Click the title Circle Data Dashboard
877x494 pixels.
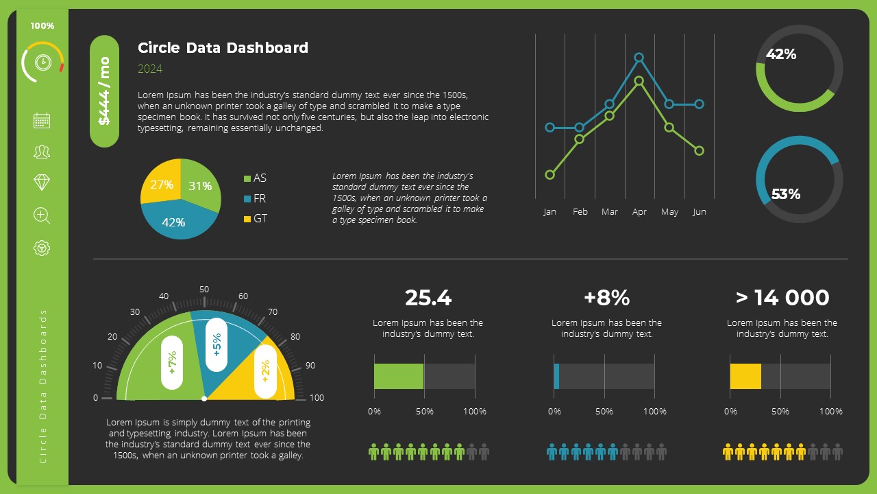[223, 48]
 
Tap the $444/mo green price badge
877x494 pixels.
[105, 91]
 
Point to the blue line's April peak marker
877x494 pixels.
[639, 58]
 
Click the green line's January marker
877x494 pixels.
[549, 175]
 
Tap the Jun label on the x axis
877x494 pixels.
[700, 212]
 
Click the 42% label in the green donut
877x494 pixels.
[781, 54]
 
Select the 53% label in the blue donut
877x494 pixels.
[786, 194]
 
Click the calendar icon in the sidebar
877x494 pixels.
[42, 121]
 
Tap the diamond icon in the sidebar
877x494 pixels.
[42, 182]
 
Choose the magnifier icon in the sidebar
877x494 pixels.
[42, 215]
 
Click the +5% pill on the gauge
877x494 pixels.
[217, 344]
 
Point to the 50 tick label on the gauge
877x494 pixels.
[204, 290]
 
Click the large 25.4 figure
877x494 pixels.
[428, 298]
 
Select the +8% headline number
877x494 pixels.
[606, 298]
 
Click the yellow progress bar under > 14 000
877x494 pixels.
[745, 377]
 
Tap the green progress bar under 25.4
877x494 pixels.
[399, 377]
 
